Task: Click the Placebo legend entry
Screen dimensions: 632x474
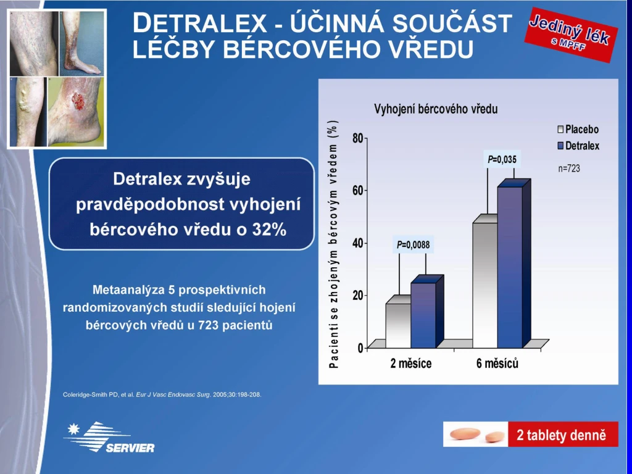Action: click(578, 130)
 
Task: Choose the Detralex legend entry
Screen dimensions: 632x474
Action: click(578, 146)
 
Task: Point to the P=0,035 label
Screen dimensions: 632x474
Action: click(502, 160)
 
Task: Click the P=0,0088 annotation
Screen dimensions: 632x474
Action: click(413, 244)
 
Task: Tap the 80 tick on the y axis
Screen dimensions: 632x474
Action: click(357, 138)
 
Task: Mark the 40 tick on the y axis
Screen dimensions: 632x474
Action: click(357, 243)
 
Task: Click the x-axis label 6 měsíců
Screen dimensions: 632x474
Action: click(497, 364)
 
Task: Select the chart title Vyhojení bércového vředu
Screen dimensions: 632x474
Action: click(436, 109)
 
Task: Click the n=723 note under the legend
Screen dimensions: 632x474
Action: click(568, 168)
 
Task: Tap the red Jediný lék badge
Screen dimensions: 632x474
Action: click(570, 35)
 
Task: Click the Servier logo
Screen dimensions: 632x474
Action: click(109, 437)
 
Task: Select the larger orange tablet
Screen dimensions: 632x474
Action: click(465, 434)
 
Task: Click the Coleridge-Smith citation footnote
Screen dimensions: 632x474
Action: click(162, 394)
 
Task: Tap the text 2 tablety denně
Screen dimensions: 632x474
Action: click(561, 435)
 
